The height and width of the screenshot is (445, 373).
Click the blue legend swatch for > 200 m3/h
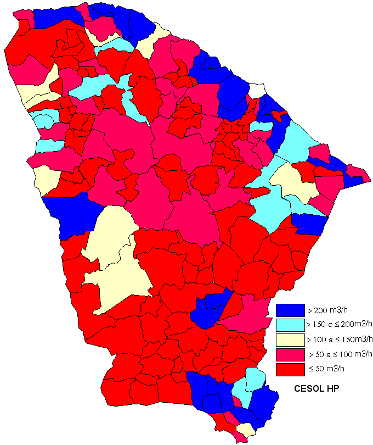tap(290, 310)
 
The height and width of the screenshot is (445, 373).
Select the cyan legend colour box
tap(290, 325)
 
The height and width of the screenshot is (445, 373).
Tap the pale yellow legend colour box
tap(290, 340)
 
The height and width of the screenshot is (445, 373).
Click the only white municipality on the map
tap(257, 90)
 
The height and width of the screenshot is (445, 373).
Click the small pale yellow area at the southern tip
tap(246, 429)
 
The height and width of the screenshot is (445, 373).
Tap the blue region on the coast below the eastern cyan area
tap(310, 224)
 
